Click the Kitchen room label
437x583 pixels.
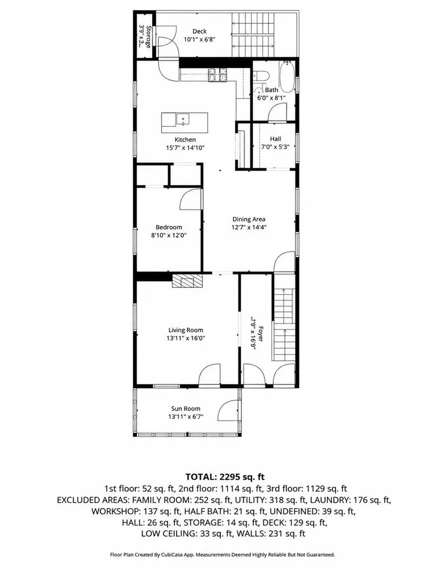click(x=185, y=140)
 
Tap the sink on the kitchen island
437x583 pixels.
click(x=182, y=119)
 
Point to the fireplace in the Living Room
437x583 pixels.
click(x=188, y=281)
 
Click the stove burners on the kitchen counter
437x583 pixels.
click(x=217, y=74)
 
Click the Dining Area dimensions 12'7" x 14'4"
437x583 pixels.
click(x=249, y=227)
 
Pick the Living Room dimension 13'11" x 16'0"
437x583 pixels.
click(x=186, y=338)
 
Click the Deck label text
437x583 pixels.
click(x=200, y=32)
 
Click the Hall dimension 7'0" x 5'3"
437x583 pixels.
click(x=275, y=146)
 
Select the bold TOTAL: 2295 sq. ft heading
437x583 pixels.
click(x=225, y=477)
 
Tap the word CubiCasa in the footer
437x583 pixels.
click(x=171, y=555)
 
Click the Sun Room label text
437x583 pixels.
click(x=186, y=409)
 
